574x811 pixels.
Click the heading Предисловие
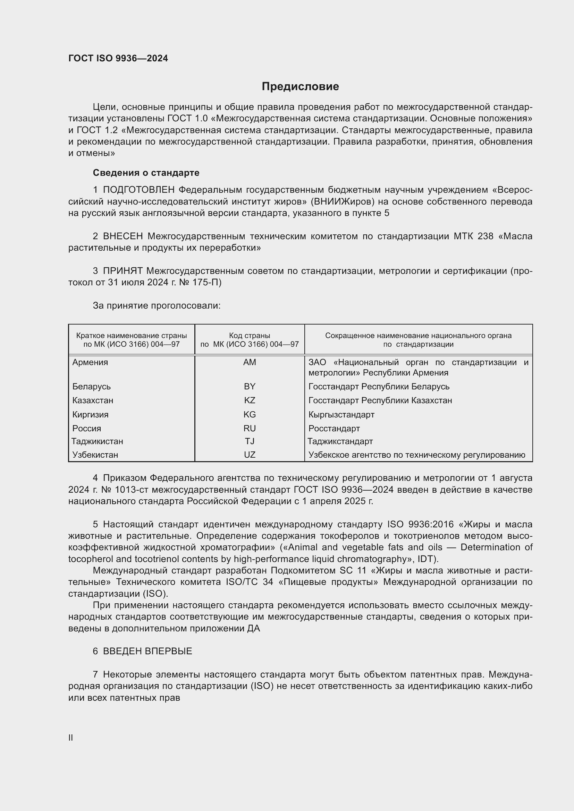click(300, 87)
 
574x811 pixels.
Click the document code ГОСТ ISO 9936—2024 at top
click(118, 58)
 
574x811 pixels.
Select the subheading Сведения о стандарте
click(146, 173)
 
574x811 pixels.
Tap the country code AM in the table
click(250, 362)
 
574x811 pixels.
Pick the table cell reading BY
click(250, 386)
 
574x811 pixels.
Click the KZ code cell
click(250, 400)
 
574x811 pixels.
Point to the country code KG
click(250, 414)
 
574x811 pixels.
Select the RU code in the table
click(250, 429)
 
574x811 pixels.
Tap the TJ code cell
click(250, 441)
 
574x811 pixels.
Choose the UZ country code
click(250, 455)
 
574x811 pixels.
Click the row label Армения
click(90, 362)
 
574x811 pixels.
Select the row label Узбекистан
click(95, 455)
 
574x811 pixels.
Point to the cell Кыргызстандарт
click(341, 414)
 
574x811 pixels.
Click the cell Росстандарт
click(334, 429)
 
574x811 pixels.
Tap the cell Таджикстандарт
click(340, 441)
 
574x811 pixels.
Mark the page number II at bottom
click(71, 737)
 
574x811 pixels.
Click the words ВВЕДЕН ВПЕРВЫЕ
click(147, 651)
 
